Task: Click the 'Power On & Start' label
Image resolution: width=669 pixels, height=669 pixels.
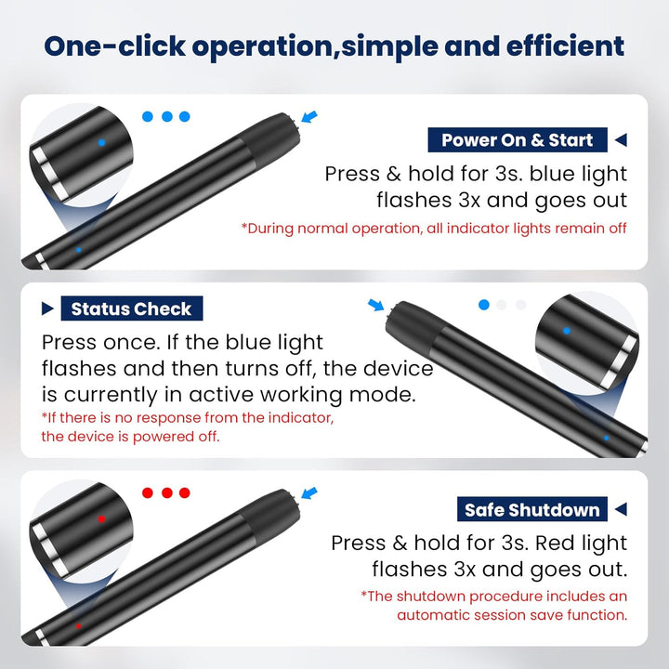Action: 518,140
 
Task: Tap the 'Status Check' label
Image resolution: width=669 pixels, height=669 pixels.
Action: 131,308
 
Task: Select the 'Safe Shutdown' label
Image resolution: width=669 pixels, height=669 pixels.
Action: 532,509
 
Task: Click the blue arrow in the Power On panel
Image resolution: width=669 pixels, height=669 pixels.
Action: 309,116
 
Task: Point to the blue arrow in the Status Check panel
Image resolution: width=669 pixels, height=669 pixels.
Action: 375,305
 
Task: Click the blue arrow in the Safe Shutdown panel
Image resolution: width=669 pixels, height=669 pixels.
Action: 309,492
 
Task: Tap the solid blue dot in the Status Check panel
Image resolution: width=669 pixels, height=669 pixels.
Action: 484,305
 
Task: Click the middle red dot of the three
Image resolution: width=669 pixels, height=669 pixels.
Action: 167,492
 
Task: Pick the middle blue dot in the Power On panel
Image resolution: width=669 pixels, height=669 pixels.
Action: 167,116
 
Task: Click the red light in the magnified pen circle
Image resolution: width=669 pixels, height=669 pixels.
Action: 101,519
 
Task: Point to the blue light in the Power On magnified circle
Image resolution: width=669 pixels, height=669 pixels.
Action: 101,143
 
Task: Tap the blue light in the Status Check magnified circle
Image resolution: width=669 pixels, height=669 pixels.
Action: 567,331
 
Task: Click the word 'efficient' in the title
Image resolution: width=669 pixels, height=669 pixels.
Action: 565,46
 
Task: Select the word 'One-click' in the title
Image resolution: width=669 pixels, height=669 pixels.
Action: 115,46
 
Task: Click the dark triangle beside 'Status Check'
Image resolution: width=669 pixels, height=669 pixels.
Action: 47,308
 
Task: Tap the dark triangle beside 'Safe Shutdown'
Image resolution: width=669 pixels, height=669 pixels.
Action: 621,509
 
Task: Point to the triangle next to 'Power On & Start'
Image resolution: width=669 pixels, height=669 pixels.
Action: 621,139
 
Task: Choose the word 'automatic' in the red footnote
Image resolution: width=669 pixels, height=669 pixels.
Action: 433,615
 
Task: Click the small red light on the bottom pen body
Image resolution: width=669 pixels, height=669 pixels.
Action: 78,626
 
